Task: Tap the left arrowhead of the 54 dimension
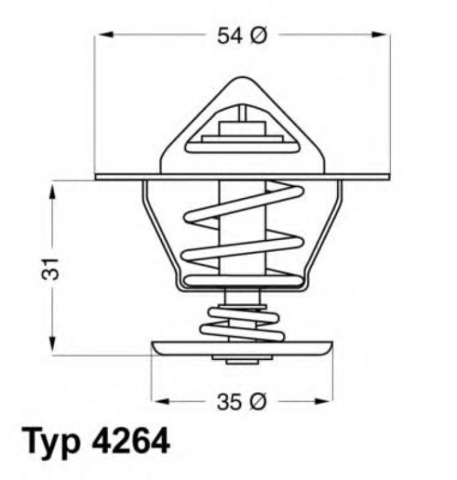[x=101, y=35]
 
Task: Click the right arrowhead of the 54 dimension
[x=384, y=35]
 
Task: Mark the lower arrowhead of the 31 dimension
[x=52, y=349]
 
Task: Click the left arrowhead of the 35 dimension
[x=159, y=401]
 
